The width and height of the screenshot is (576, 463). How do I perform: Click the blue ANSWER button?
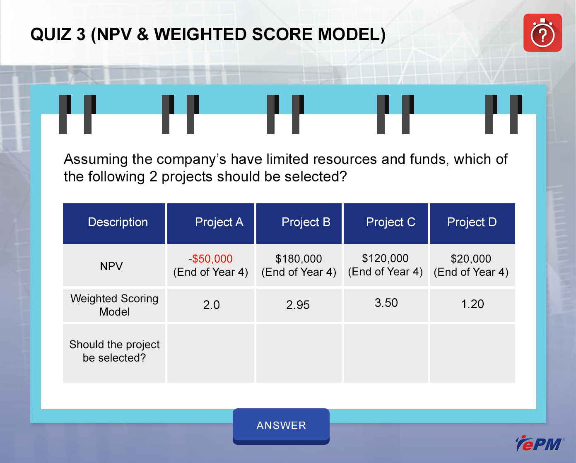[281, 426]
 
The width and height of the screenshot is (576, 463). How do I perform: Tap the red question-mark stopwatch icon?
[542, 33]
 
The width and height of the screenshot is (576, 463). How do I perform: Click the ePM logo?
[540, 444]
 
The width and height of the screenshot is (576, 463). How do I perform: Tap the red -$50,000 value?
[210, 259]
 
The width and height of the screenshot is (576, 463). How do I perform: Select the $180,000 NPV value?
[299, 259]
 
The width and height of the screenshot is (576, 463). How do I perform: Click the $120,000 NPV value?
[385, 258]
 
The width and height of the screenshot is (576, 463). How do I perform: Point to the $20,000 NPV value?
[471, 259]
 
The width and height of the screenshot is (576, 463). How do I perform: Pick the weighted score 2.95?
[298, 305]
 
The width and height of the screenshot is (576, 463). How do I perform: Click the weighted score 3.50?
[386, 303]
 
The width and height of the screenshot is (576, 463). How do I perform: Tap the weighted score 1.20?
[472, 304]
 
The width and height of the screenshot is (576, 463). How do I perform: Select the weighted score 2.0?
[211, 305]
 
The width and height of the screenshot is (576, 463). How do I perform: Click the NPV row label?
[111, 266]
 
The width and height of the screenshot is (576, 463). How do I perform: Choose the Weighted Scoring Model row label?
[114, 305]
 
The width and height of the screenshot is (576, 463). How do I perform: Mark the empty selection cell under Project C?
[386, 353]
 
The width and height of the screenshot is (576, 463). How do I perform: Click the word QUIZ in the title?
[51, 34]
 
